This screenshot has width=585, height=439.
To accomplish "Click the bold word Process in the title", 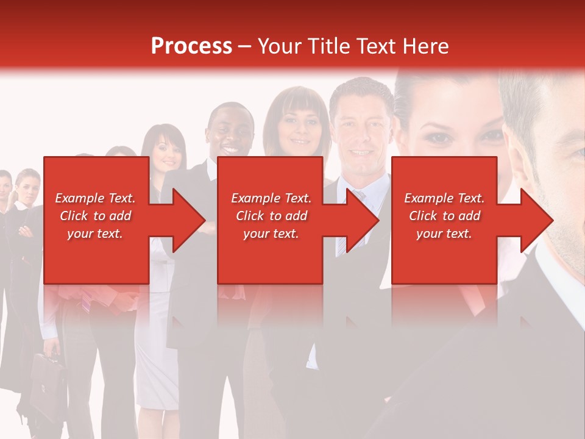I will click(x=191, y=46).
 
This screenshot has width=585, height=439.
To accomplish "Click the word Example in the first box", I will click(x=79, y=198).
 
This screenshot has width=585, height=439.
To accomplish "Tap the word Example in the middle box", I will click(x=255, y=198).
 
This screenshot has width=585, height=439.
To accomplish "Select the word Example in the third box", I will click(x=428, y=198).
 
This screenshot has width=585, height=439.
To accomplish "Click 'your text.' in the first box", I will click(x=95, y=234).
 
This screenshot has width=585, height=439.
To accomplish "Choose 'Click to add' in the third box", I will click(x=444, y=216).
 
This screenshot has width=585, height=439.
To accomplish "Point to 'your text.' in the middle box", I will click(x=271, y=234).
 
